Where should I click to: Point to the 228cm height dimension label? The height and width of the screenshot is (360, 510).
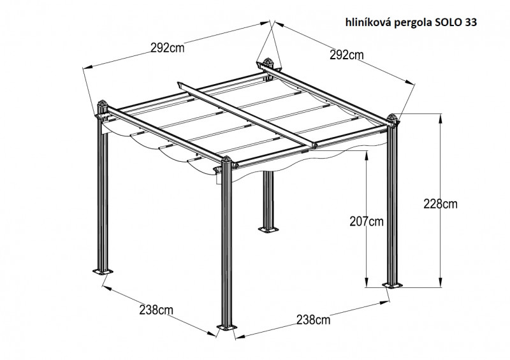440,204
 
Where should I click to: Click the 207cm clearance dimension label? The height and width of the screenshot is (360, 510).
367,222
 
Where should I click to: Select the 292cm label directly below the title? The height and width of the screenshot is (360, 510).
346,55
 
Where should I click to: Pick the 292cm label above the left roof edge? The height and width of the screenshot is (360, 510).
167,48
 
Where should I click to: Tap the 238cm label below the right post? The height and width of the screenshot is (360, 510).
313,320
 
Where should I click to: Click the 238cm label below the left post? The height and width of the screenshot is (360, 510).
156,310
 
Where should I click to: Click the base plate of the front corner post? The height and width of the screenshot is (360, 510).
228,327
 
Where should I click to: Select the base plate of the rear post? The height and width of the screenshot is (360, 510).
268,229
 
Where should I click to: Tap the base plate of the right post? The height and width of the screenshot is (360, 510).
392,285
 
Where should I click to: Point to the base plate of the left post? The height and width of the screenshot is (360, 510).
103,271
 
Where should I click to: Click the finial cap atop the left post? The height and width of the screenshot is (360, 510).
103,104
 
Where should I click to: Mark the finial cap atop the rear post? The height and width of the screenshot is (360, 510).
268,62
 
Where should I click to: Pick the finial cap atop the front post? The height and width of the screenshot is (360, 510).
226,161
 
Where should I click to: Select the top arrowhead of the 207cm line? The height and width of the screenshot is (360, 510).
367,154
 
